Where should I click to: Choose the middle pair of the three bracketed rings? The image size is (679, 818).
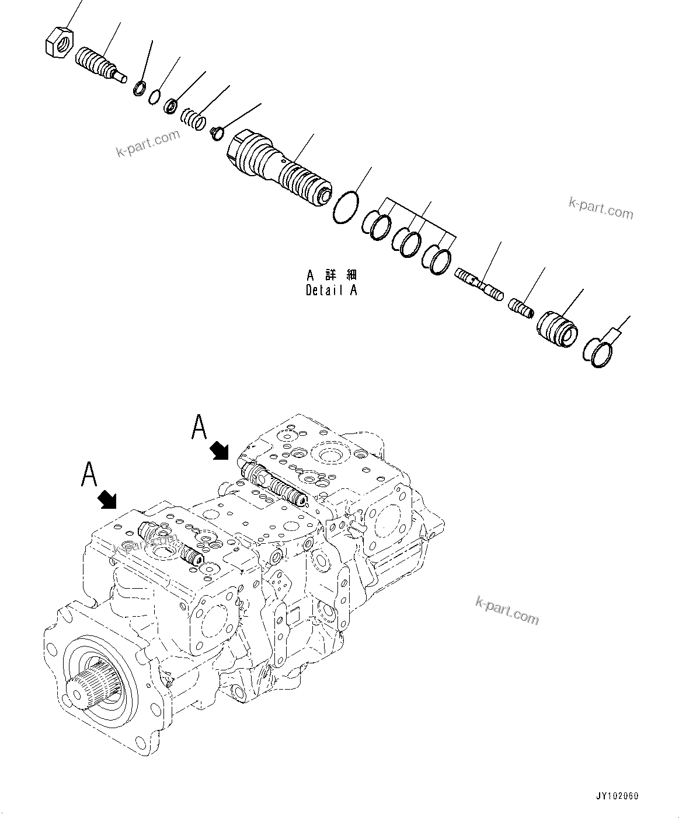click(x=406, y=240)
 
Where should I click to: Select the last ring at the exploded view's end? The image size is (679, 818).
click(x=598, y=353)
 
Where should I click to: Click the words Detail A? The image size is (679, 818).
click(x=331, y=290)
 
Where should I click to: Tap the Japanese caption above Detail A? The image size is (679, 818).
click(x=331, y=274)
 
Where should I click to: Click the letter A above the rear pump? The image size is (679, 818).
click(x=199, y=427)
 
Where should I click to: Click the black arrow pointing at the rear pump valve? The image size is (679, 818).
click(x=220, y=450)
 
